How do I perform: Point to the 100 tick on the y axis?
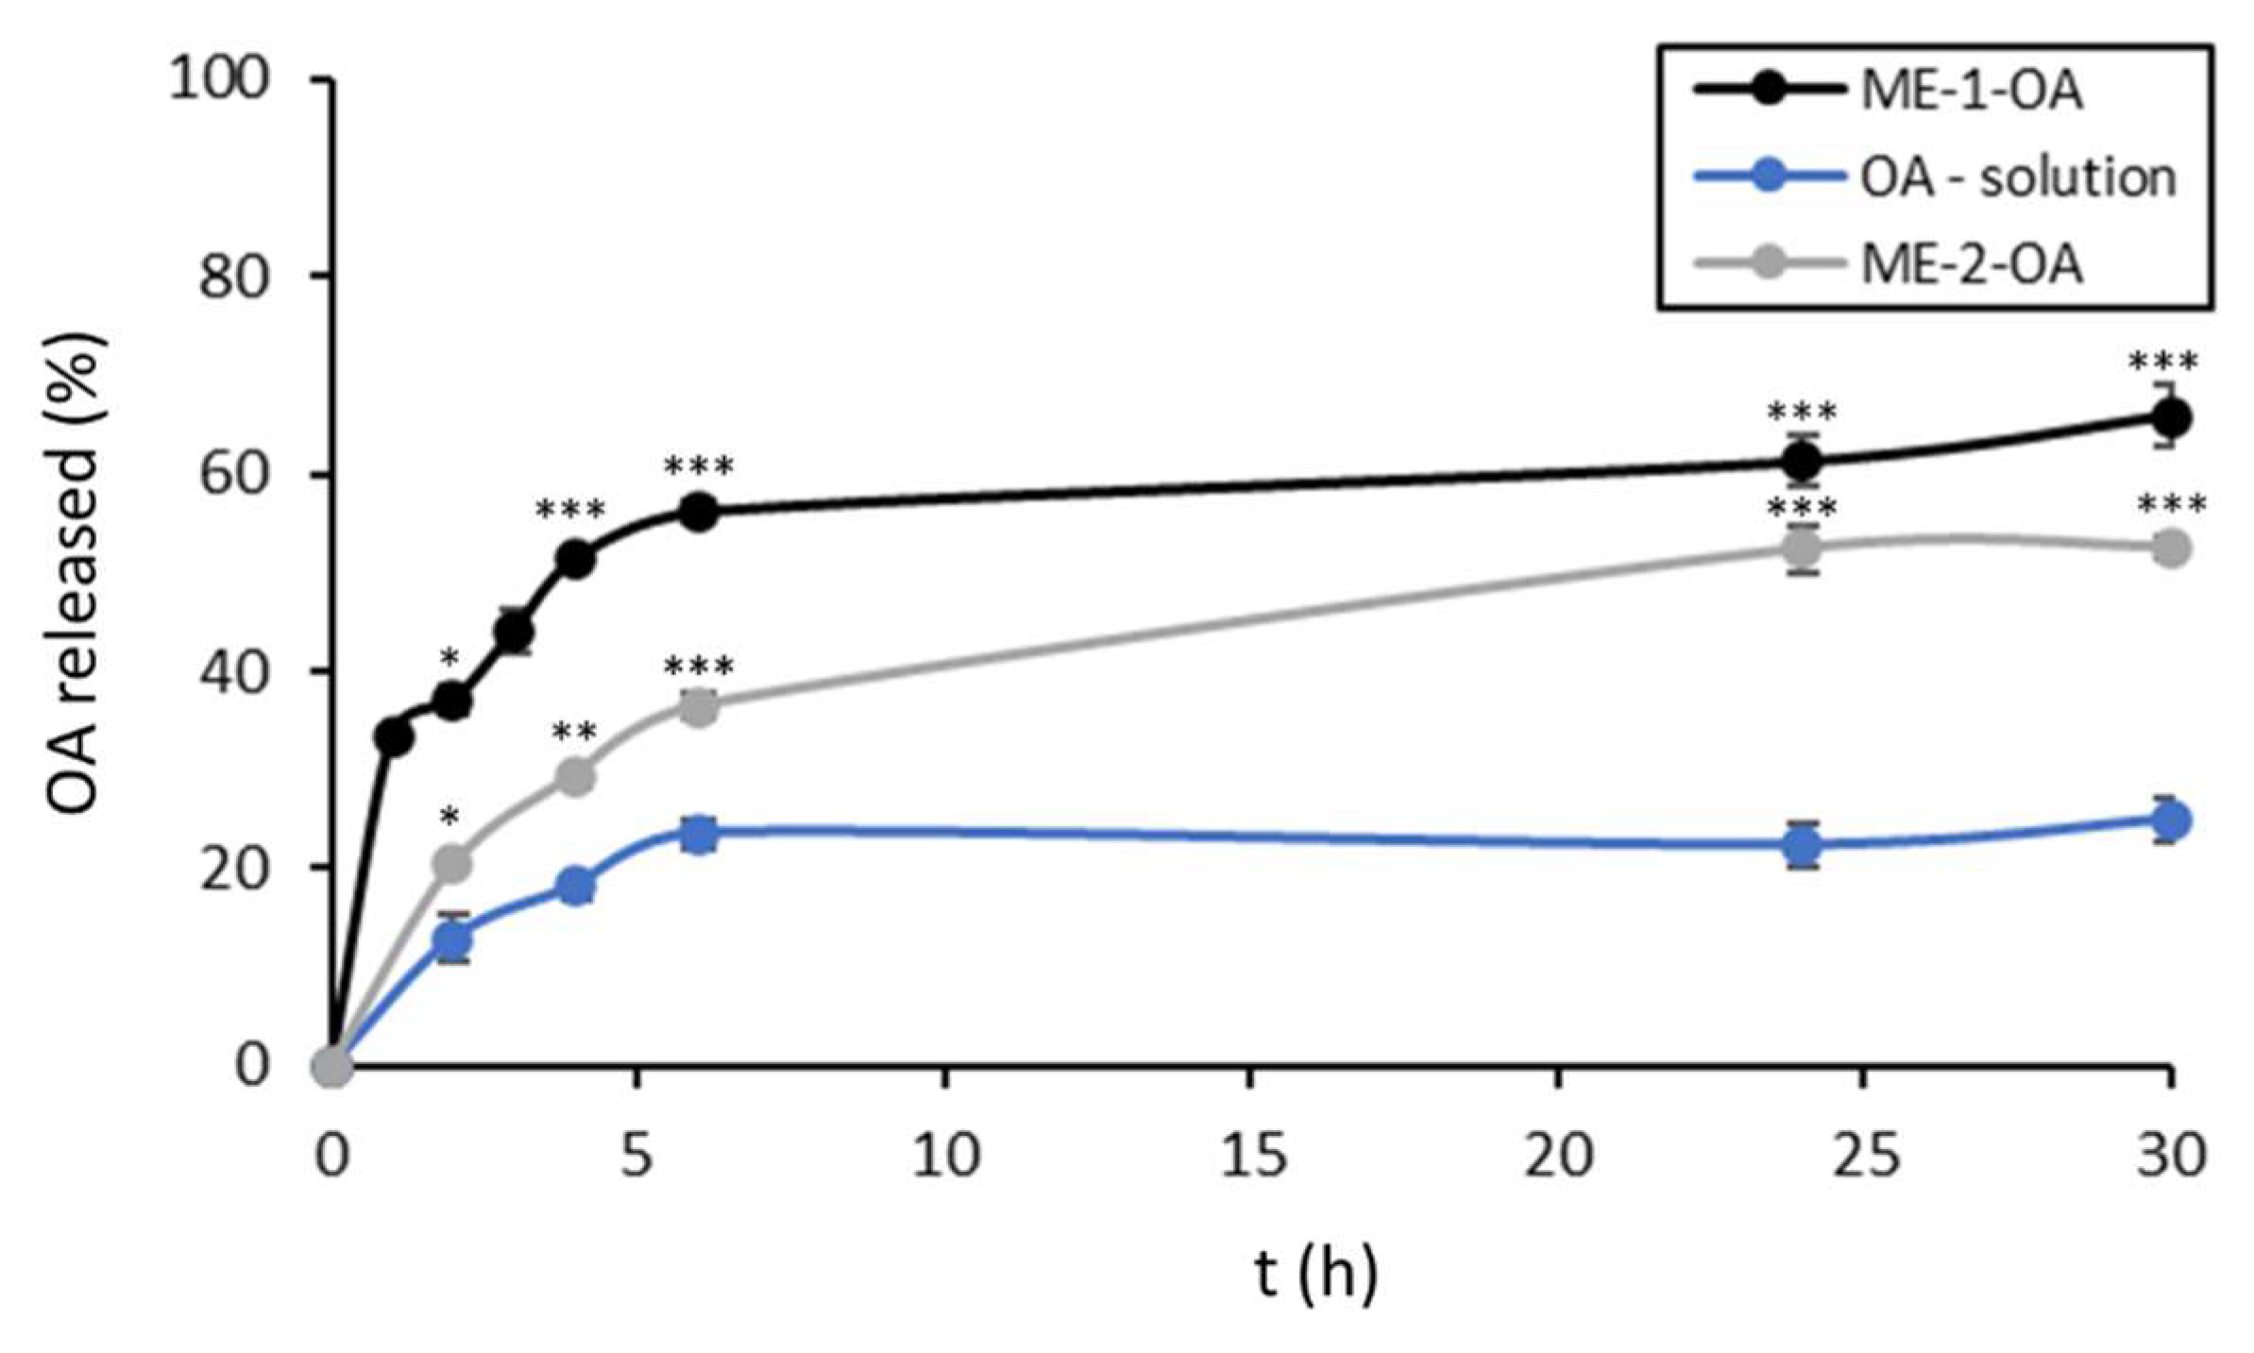coord(218,79)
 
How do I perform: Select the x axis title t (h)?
coord(1316,1274)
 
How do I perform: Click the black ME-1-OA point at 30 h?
coord(2171,416)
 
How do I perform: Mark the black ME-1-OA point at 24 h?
coord(1803,462)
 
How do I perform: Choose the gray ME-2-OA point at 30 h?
coord(2171,549)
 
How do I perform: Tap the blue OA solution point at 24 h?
coord(1803,845)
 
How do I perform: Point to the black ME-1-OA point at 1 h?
coord(394,737)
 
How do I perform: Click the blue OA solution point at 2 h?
coord(454,939)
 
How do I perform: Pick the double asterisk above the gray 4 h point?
coord(574,734)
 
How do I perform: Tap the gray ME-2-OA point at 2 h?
coord(454,863)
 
